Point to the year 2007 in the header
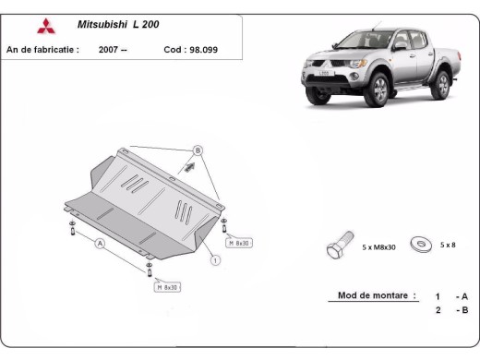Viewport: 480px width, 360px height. (108, 49)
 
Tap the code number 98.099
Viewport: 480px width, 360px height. (209, 49)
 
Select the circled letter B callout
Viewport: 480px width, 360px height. (197, 150)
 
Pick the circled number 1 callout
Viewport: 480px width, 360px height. (215, 260)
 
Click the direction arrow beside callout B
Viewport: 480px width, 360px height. (189, 168)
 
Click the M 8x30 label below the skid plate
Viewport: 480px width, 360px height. (168, 286)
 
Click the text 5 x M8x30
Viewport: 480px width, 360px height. (379, 246)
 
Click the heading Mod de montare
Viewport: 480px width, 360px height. (368, 295)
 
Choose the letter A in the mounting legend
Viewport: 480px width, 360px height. (464, 296)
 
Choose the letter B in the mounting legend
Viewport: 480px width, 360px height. (464, 310)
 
